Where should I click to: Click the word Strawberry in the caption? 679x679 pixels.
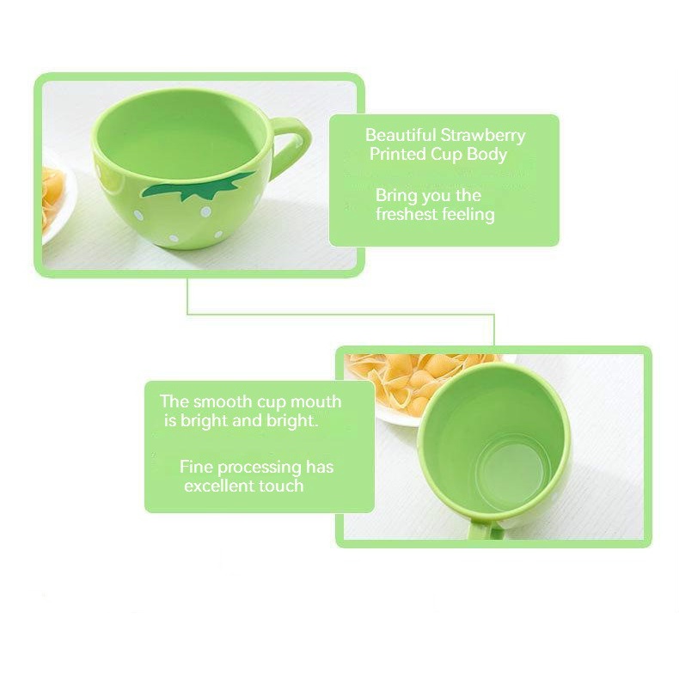pyautogui.click(x=483, y=135)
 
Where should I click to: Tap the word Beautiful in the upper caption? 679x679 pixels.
pyautogui.click(x=401, y=135)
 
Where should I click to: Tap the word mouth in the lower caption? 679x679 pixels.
pyautogui.click(x=315, y=401)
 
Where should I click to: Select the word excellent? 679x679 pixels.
pyautogui.click(x=219, y=486)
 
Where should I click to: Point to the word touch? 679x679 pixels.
pyautogui.click(x=281, y=486)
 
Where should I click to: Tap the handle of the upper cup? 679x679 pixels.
pyautogui.click(x=293, y=142)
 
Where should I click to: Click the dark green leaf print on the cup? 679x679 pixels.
pyautogui.click(x=199, y=186)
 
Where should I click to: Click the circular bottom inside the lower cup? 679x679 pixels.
pyautogui.click(x=513, y=474)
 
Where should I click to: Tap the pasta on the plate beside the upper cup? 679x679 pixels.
pyautogui.click(x=52, y=199)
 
